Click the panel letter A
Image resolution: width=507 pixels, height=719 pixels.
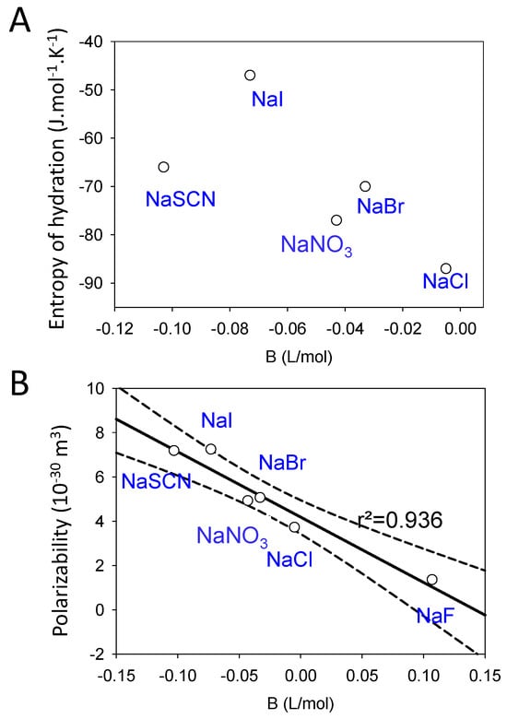18,19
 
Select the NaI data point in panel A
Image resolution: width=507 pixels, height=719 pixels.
250,75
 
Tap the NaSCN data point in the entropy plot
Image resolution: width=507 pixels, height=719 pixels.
163,167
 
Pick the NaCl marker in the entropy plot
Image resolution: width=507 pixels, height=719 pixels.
446,268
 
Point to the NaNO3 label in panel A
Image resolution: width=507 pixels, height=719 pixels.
317,244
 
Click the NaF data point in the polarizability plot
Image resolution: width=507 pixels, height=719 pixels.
431,579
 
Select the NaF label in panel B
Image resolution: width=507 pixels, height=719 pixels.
435,615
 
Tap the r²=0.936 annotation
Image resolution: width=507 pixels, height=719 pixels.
399,520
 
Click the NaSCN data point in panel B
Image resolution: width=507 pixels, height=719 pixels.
173,450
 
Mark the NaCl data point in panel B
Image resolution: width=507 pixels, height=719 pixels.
294,527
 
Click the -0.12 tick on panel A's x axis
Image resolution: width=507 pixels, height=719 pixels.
115,327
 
